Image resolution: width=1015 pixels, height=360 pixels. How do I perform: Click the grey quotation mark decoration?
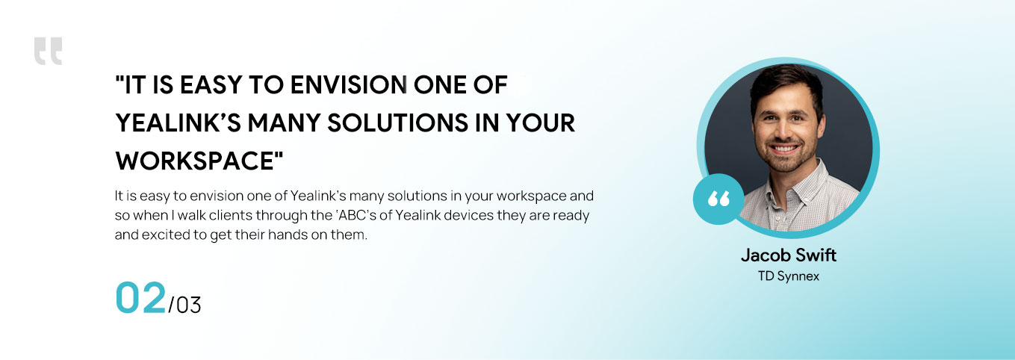pyautogui.click(x=48, y=51)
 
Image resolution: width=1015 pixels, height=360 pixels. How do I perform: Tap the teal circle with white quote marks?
pyautogui.click(x=718, y=199)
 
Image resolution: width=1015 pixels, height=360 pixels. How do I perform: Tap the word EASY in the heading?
pyautogui.click(x=211, y=85)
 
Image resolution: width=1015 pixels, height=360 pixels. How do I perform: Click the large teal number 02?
pyautogui.click(x=141, y=297)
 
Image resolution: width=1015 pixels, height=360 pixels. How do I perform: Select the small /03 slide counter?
pyautogui.click(x=184, y=305)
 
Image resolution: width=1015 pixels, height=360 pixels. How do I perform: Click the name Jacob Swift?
pyautogui.click(x=789, y=255)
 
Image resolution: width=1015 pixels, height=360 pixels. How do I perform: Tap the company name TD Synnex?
pyautogui.click(x=789, y=276)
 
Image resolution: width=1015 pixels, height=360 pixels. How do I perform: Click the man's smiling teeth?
pyautogui.click(x=784, y=149)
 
